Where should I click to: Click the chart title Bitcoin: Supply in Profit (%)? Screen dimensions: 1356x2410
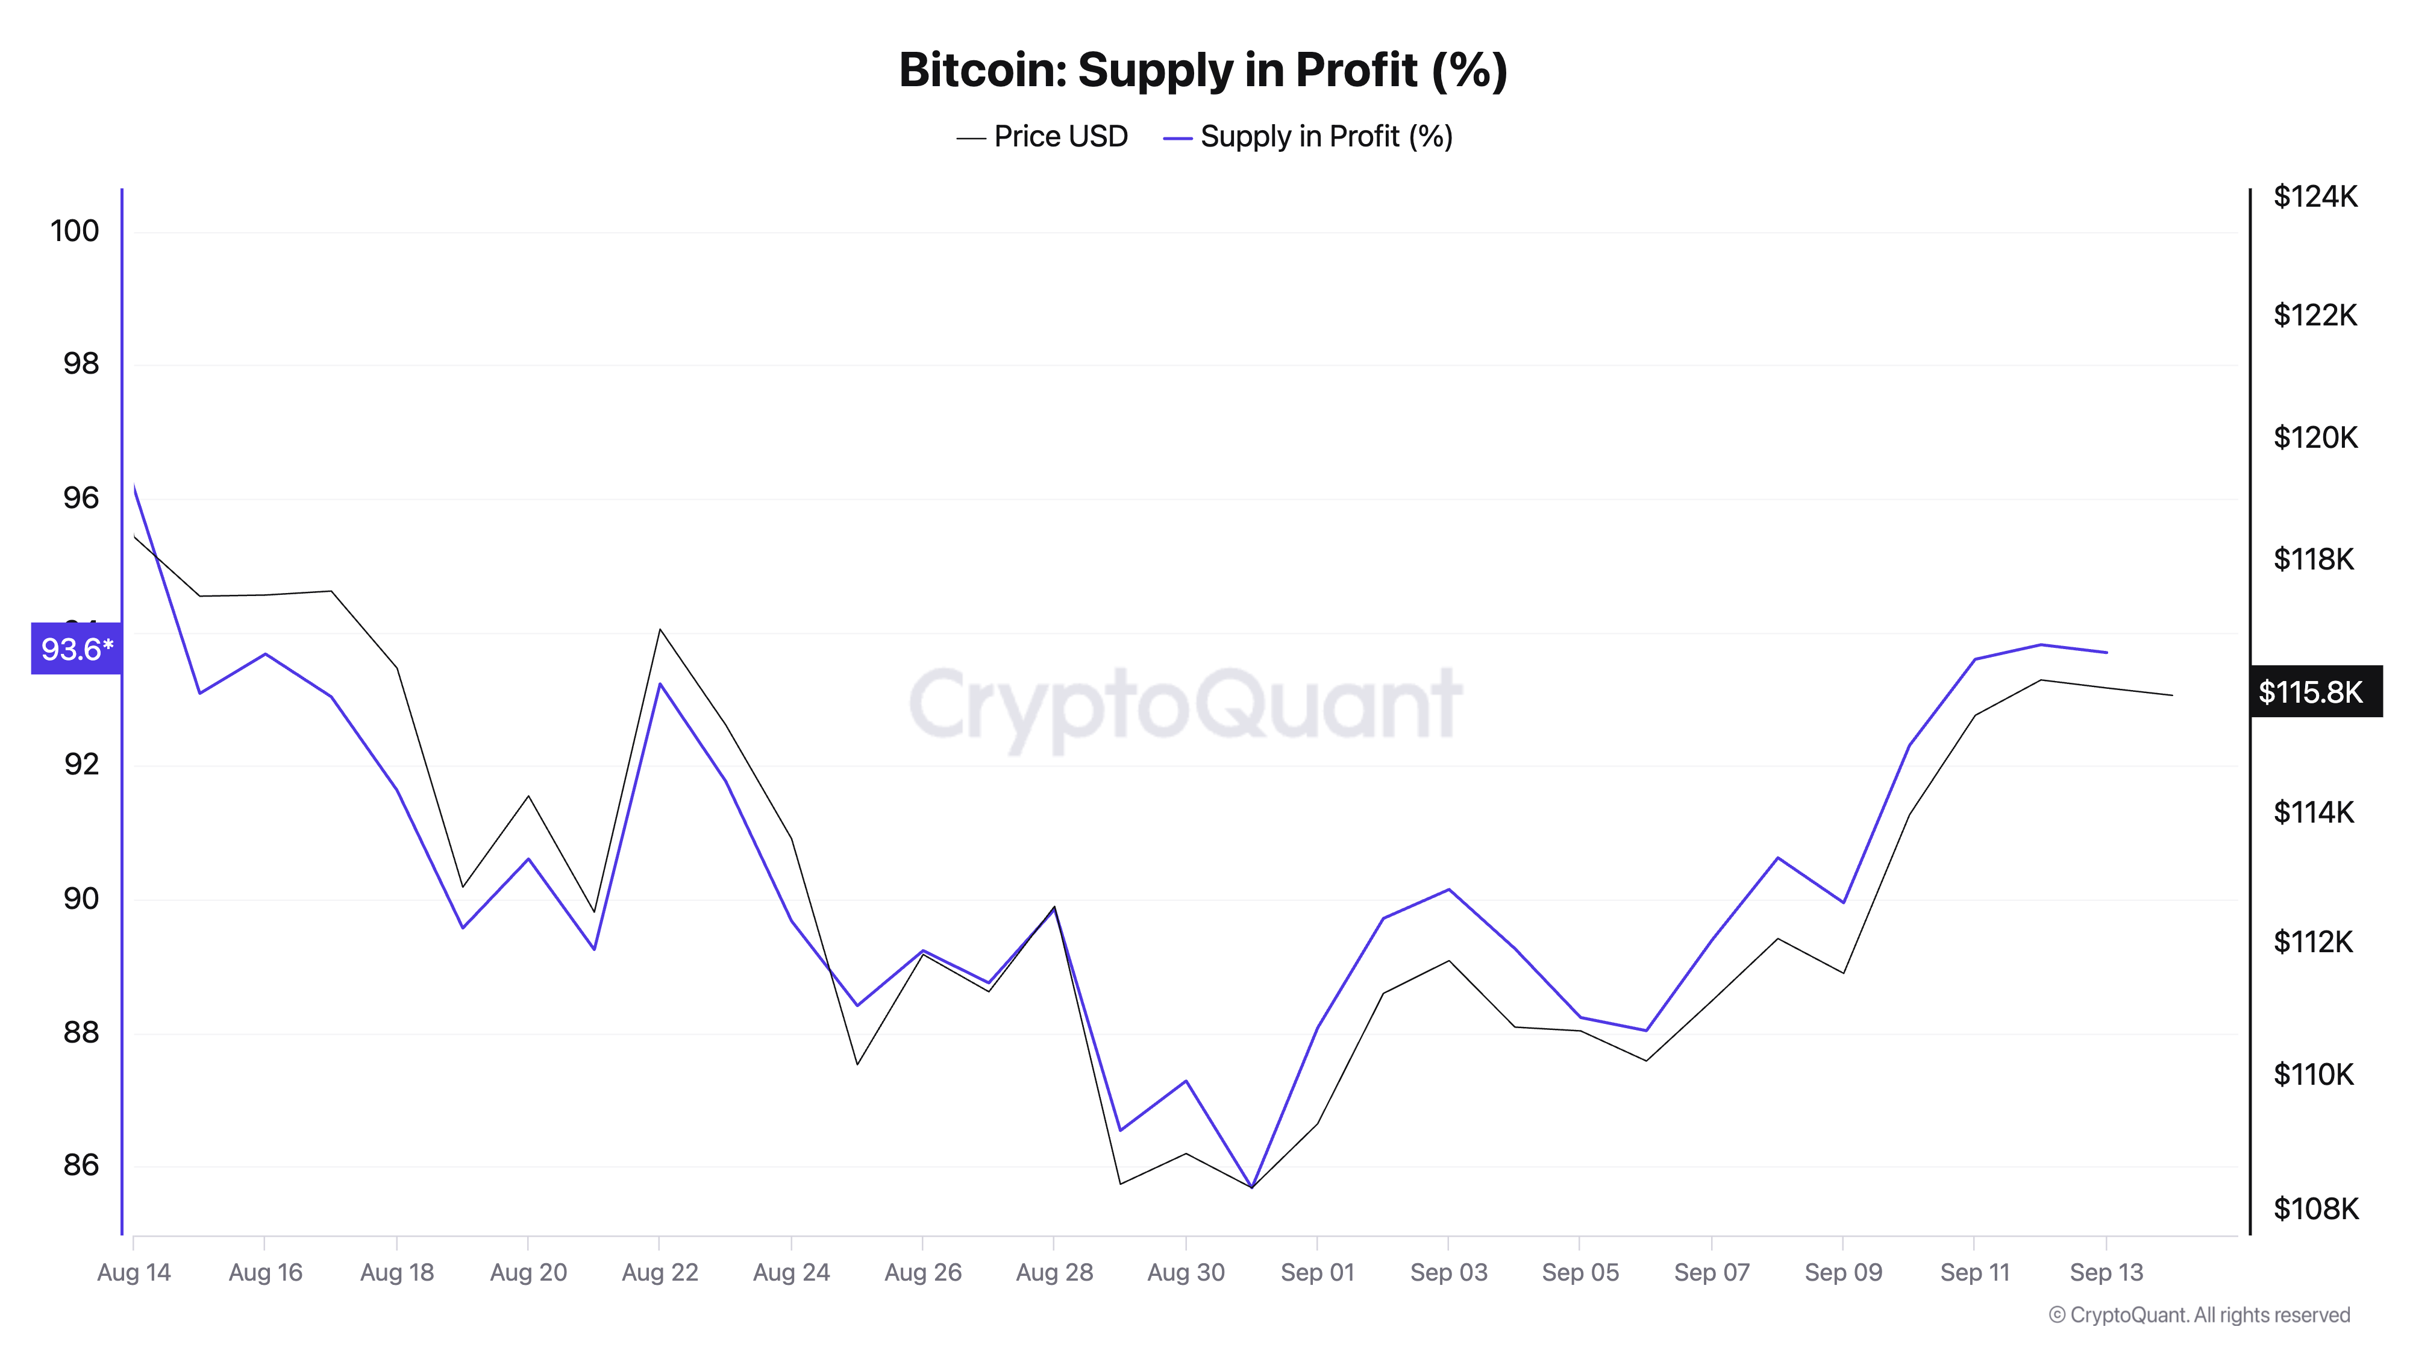pyautogui.click(x=1203, y=70)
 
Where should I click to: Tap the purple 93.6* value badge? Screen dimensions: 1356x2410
pyautogui.click(x=77, y=648)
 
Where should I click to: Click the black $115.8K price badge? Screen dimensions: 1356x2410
pyautogui.click(x=2315, y=692)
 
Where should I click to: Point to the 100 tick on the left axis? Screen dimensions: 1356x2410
pyautogui.click(x=75, y=231)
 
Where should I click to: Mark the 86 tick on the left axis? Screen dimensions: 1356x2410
pyautogui.click(x=81, y=1165)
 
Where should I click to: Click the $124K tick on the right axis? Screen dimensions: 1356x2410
pyautogui.click(x=2315, y=196)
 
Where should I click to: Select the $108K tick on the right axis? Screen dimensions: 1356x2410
pyautogui.click(x=2315, y=1209)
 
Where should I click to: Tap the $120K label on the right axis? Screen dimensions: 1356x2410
pyautogui.click(x=2315, y=437)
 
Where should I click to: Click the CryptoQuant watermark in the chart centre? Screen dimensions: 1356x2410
pyautogui.click(x=1185, y=704)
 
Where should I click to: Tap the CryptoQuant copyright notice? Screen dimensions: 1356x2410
pyautogui.click(x=2199, y=1315)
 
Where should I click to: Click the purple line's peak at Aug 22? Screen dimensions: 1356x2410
pyautogui.click(x=660, y=683)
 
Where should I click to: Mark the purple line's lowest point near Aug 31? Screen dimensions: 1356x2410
pyautogui.click(x=1252, y=1187)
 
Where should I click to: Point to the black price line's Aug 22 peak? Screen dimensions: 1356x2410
pyautogui.click(x=660, y=629)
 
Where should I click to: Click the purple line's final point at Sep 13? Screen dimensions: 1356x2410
pyautogui.click(x=2106, y=652)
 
